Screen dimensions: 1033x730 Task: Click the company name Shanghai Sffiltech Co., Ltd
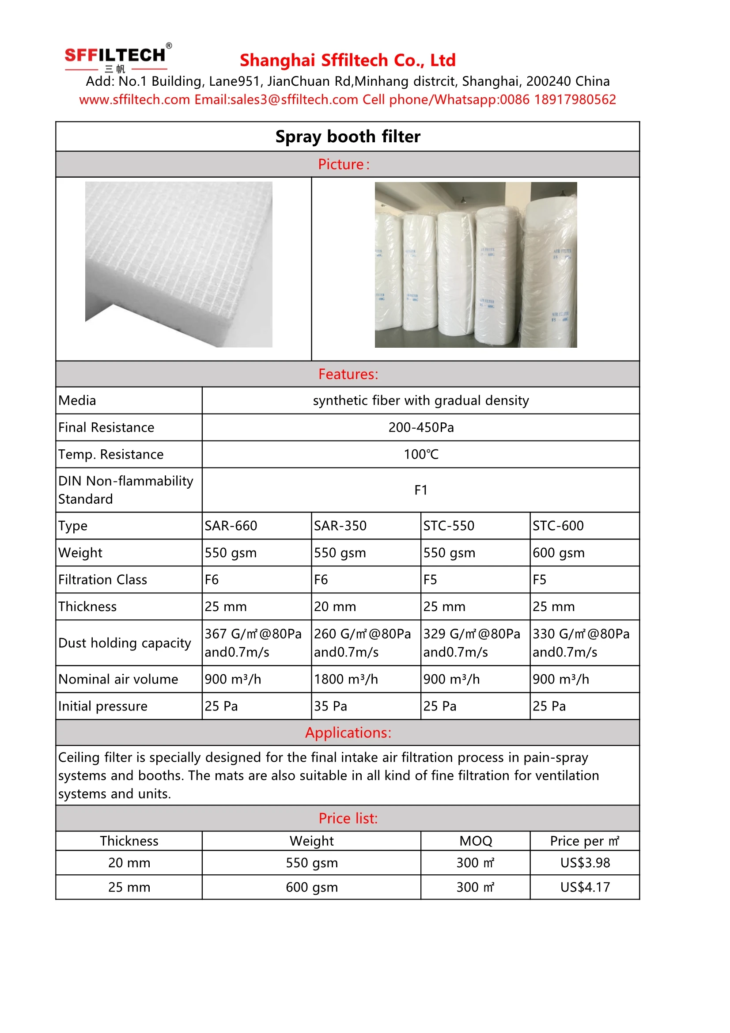click(x=347, y=60)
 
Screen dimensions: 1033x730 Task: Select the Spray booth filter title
click(x=347, y=137)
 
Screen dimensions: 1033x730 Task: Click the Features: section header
click(x=348, y=374)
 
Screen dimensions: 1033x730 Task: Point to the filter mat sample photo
click(x=178, y=264)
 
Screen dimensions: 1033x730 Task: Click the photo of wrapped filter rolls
click(x=476, y=265)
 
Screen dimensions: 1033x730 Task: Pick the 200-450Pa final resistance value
click(x=420, y=427)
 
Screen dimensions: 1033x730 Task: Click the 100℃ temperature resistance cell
click(x=420, y=454)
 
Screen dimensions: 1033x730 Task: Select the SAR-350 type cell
click(x=340, y=525)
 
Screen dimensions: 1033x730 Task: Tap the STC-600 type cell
click(x=558, y=525)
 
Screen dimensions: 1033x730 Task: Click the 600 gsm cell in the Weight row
click(x=558, y=552)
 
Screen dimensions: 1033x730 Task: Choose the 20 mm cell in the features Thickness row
click(x=335, y=607)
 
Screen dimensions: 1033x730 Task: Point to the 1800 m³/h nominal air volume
click(x=345, y=679)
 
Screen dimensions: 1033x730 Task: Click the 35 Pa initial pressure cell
click(x=330, y=706)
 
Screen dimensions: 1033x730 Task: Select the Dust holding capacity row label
click(x=125, y=643)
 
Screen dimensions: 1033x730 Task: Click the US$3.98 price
click(x=585, y=862)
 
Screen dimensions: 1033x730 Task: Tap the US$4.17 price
click(x=585, y=887)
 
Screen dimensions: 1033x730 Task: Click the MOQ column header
click(x=476, y=841)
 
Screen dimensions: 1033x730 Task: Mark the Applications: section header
click(x=348, y=733)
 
